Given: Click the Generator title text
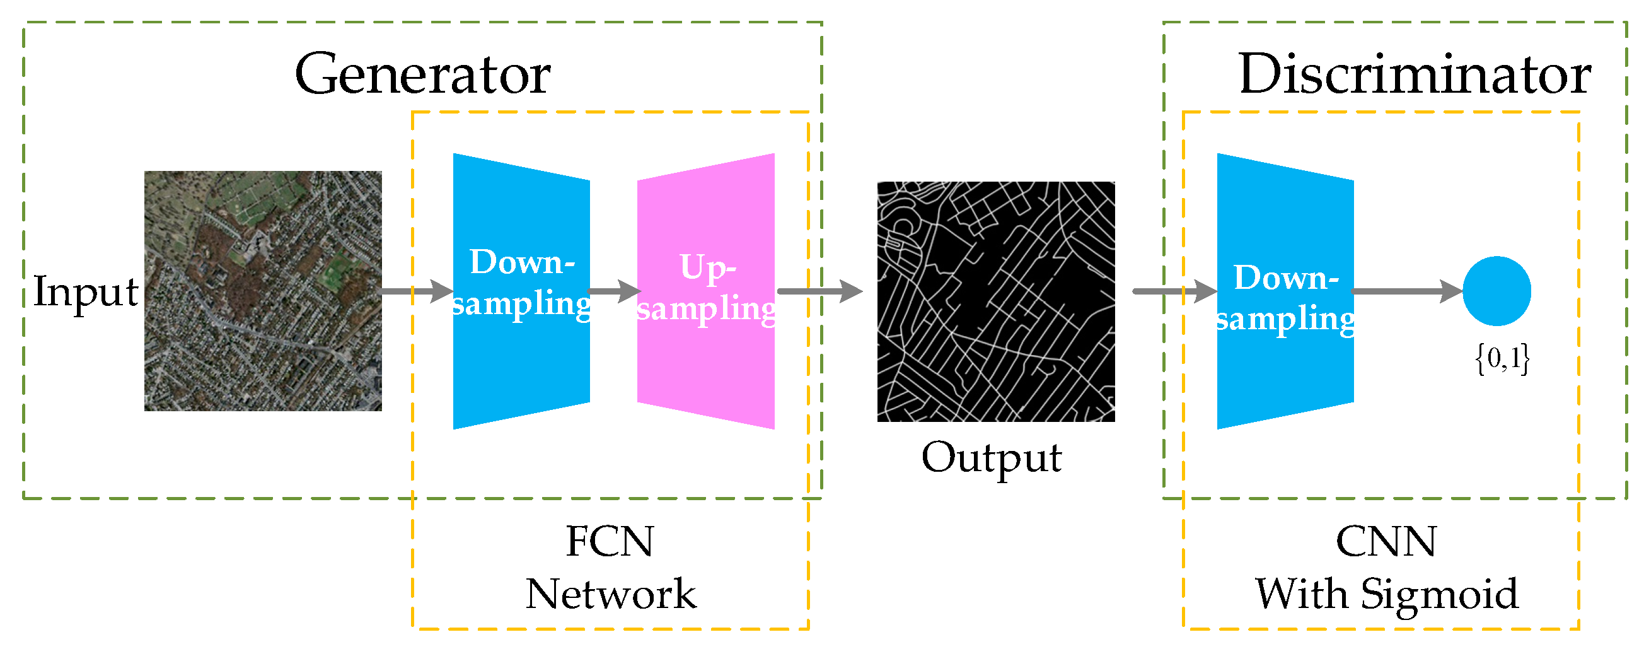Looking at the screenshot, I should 422,74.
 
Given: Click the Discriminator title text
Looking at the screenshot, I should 1415,74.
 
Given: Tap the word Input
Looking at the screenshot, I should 85,292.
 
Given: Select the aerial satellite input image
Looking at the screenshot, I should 263,291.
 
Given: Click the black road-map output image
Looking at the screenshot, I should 995,301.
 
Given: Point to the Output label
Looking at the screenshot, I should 991,458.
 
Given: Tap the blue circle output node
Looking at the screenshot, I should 1496,291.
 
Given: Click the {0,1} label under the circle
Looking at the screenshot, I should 1502,358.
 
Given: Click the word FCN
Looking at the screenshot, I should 610,542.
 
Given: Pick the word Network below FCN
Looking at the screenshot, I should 611,594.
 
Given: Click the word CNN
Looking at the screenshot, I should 1386,542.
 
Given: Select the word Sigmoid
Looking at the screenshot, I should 1439,594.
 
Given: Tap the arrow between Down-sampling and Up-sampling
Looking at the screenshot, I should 613,291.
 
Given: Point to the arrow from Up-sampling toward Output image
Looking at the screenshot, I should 819,291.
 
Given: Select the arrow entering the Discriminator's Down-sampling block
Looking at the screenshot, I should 1174,291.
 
